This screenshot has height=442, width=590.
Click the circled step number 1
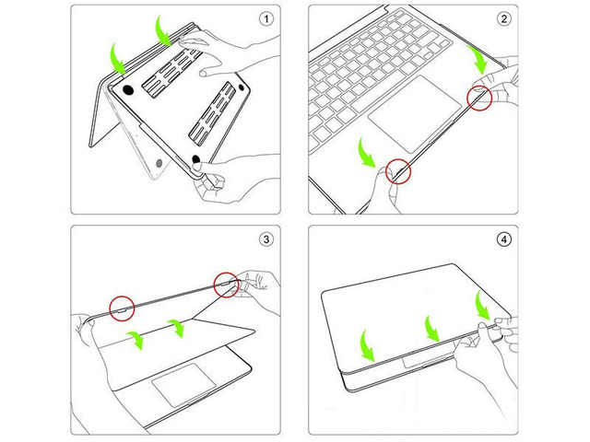[x=267, y=18]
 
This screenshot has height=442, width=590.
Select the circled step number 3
[x=267, y=239]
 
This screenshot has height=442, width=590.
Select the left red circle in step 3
[x=123, y=306]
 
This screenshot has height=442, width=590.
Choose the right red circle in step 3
[x=226, y=284]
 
